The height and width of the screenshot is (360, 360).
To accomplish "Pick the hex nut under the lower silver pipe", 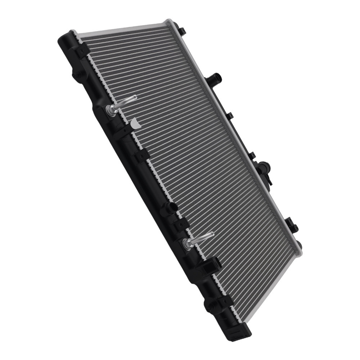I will pos(187,244).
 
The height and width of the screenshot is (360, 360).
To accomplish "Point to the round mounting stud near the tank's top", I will pos(76,76).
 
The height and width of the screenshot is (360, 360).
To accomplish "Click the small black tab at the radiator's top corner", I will pos(181,30).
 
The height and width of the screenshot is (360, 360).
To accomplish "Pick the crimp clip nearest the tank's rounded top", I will pos(82,50).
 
